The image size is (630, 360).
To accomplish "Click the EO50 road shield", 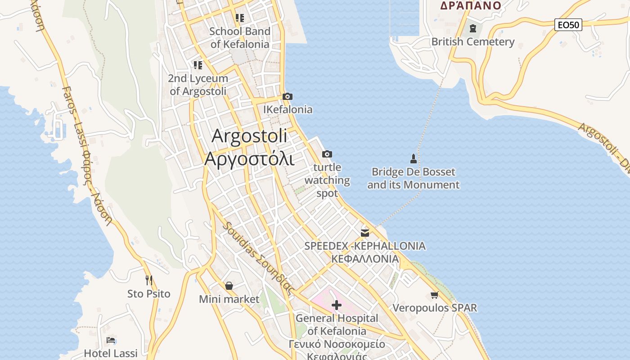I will click(x=568, y=25).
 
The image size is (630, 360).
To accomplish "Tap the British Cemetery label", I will click(x=472, y=42).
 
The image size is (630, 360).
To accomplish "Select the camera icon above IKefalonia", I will click(x=288, y=96).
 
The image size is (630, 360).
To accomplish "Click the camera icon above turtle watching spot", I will click(x=327, y=154).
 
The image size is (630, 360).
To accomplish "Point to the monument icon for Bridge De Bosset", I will click(x=414, y=158).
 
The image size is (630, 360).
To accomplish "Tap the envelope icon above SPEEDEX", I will click(x=365, y=233).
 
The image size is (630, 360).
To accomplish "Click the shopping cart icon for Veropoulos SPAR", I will click(x=434, y=295).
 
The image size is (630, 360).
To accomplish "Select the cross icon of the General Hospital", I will click(x=337, y=306).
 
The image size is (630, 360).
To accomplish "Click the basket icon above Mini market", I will click(x=229, y=286).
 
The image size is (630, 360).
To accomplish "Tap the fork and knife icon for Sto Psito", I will click(x=149, y=280).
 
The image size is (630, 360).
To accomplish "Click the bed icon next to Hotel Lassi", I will click(x=111, y=340).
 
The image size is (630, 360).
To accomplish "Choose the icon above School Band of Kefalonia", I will click(x=240, y=18).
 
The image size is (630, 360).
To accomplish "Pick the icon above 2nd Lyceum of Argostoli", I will click(x=198, y=65).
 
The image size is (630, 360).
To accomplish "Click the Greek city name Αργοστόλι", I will click(x=249, y=159).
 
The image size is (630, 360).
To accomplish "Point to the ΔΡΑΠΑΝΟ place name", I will click(x=470, y=5).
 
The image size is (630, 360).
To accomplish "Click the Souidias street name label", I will click(x=259, y=258).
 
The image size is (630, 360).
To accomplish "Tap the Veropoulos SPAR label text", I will click(x=435, y=308).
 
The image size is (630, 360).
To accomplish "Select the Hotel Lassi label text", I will click(x=111, y=353).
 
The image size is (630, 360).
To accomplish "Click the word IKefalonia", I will click(x=288, y=109).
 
